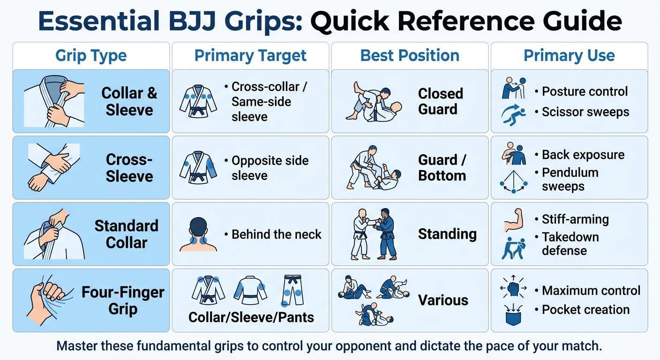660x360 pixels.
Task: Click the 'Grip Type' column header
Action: (91, 56)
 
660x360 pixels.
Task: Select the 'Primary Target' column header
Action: (250, 56)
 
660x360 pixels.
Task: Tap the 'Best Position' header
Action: (410, 56)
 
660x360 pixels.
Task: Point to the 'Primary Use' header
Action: (569, 56)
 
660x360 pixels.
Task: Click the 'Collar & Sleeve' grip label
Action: (129, 101)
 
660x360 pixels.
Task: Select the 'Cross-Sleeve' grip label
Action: (129, 168)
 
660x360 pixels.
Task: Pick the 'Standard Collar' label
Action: (127, 234)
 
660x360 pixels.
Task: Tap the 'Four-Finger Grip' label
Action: (123, 300)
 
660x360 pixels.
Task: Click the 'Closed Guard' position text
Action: (441, 101)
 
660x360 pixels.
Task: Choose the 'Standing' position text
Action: (447, 234)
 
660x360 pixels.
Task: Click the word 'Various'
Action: (443, 300)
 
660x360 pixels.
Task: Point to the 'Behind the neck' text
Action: (277, 234)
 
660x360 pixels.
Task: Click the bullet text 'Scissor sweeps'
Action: (585, 112)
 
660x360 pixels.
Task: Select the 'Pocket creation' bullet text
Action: (585, 310)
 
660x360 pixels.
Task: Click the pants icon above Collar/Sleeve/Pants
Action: (292, 291)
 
